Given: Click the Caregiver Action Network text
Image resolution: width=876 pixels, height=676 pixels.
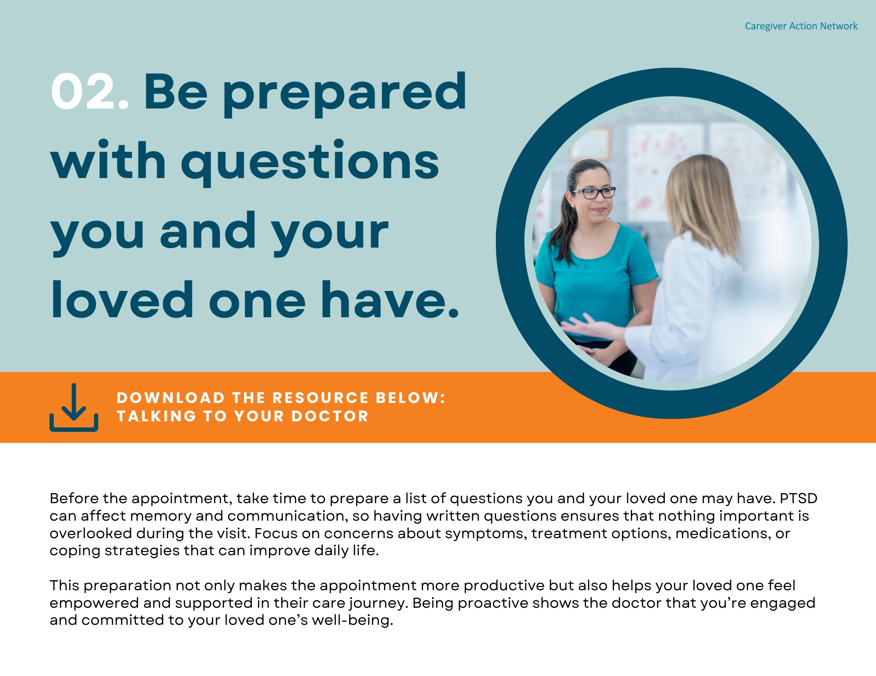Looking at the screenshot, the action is point(801,26).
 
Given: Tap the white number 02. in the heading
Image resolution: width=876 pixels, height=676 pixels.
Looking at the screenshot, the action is point(90,91).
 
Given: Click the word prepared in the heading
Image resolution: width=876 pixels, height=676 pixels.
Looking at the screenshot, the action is point(345,94).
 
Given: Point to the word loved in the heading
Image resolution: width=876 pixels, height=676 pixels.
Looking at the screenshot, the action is point(122,299).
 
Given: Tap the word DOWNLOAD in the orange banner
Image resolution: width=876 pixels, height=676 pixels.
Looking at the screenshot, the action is point(170,398).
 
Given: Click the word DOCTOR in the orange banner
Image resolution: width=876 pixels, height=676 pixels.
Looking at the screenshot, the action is point(330,416).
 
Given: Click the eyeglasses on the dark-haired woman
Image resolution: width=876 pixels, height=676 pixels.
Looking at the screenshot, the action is point(593,193).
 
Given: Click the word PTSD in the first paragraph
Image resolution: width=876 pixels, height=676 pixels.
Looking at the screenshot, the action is point(798,498).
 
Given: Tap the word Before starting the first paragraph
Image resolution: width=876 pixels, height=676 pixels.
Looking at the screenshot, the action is point(74,498).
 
